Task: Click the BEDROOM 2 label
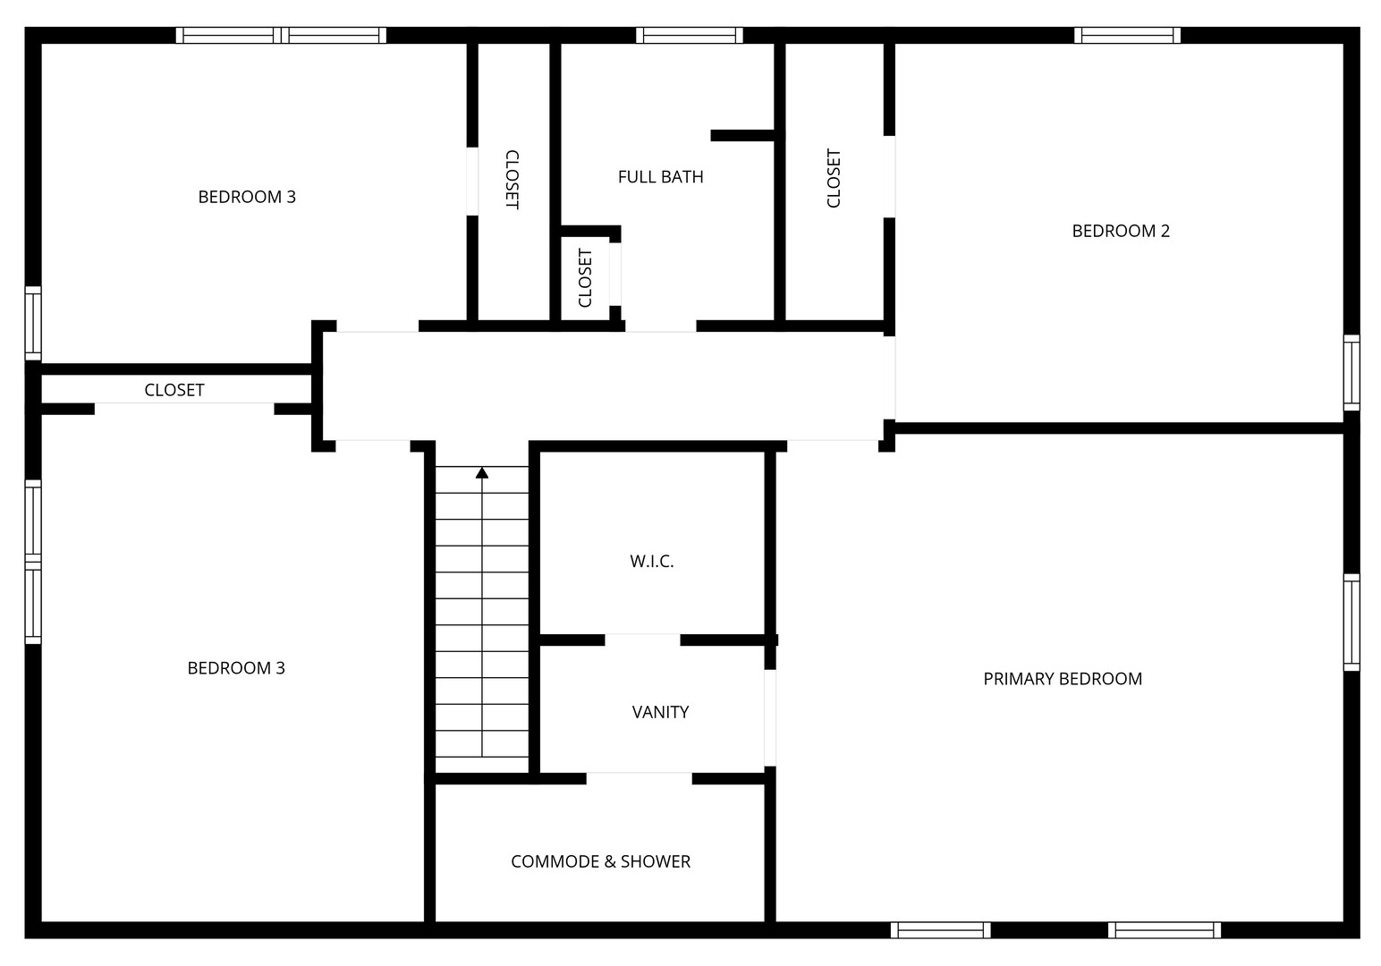(1120, 231)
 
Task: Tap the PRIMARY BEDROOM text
(1063, 679)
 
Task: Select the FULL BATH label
(660, 177)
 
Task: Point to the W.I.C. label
(652, 561)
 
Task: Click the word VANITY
(660, 712)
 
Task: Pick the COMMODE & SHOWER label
(600, 861)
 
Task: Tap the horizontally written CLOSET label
(174, 390)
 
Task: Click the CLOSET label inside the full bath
(585, 277)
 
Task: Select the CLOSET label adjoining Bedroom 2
(833, 178)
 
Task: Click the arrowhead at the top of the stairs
(482, 473)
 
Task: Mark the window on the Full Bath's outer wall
(690, 35)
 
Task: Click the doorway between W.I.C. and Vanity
(642, 640)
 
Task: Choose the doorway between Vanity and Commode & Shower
(639, 778)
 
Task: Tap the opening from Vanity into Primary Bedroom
(770, 717)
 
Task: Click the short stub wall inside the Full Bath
(742, 136)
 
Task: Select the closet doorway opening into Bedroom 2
(889, 176)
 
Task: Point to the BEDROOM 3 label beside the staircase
(236, 668)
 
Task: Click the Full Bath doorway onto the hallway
(661, 326)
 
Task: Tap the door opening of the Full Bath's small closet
(615, 275)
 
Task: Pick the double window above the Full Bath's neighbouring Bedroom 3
(281, 35)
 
